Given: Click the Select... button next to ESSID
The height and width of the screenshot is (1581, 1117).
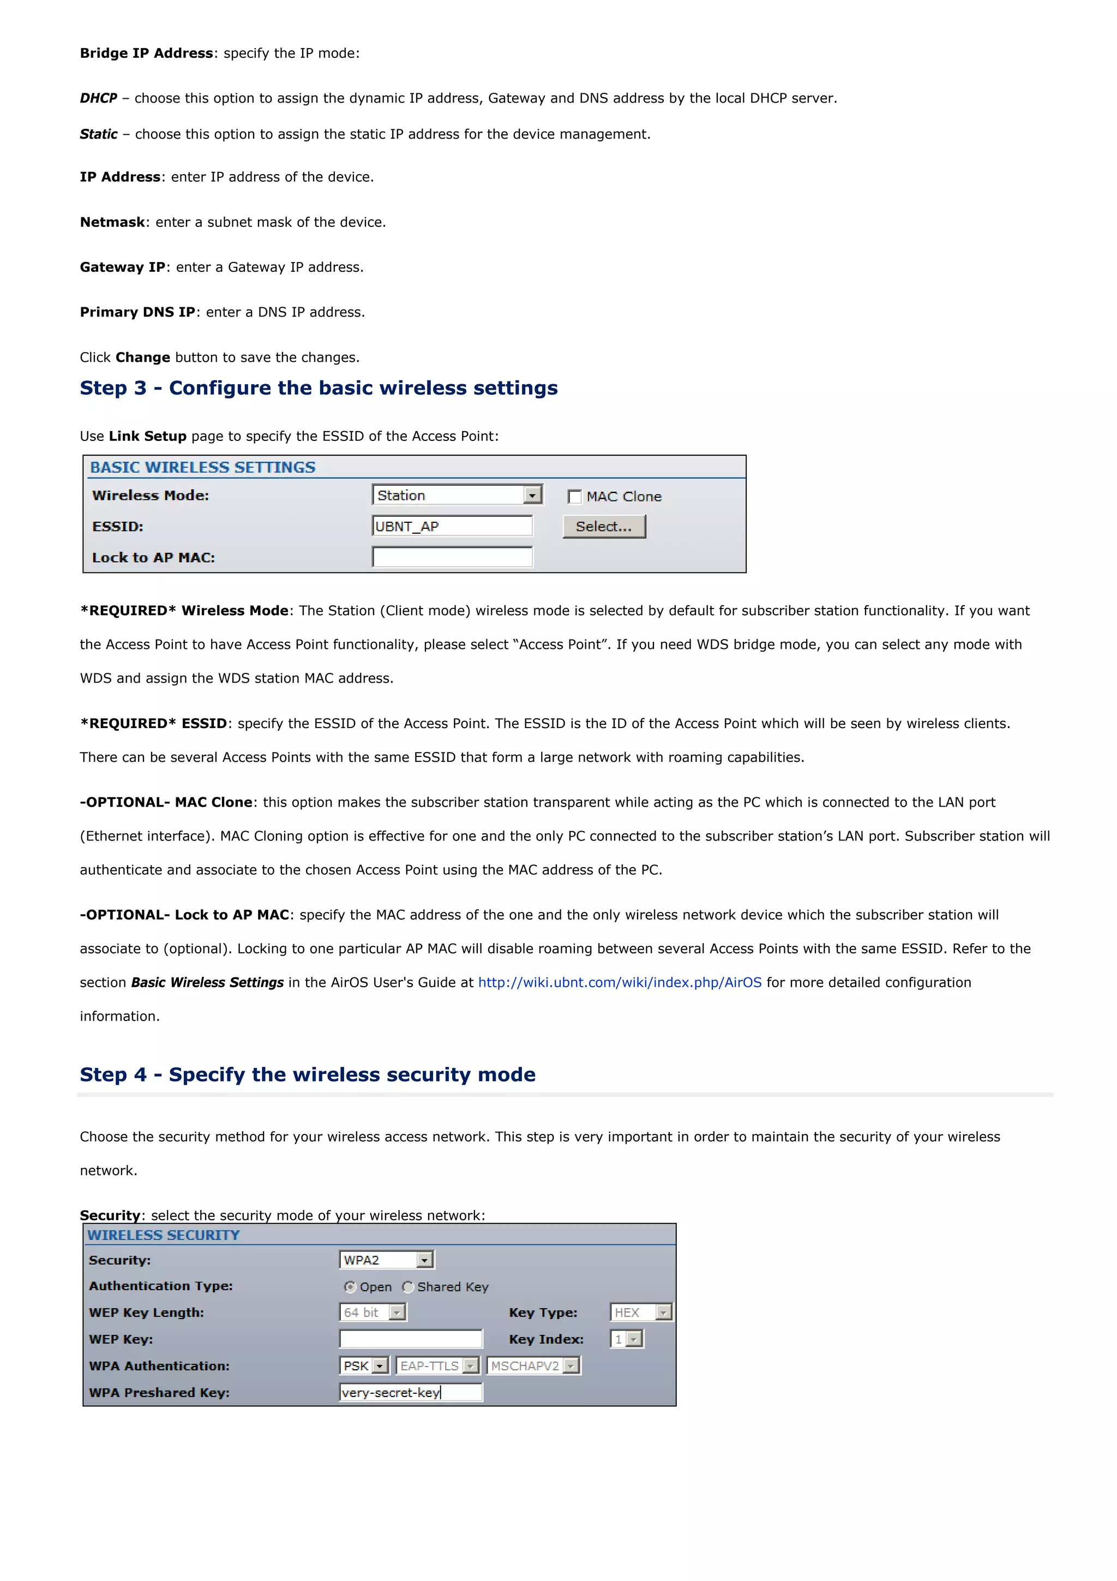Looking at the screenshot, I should [604, 527].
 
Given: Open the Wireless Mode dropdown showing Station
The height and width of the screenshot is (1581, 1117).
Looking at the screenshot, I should [457, 495].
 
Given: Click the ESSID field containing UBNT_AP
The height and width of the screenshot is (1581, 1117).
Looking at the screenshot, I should [452, 527].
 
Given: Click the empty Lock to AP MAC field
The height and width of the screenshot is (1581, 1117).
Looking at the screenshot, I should [452, 557].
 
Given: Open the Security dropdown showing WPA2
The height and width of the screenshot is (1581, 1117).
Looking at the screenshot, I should [386, 1260].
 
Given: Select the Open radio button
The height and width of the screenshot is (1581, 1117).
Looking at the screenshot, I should [350, 1287].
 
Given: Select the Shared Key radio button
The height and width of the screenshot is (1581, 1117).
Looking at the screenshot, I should [408, 1287].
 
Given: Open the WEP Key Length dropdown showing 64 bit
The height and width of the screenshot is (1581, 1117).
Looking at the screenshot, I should [373, 1312].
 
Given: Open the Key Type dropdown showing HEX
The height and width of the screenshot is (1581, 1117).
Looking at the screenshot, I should [641, 1312].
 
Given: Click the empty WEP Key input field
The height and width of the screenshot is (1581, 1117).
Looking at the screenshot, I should [411, 1339].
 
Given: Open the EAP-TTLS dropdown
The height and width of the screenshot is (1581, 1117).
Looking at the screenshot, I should [438, 1366].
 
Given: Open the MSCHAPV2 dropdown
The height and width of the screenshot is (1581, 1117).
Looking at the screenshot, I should [534, 1366].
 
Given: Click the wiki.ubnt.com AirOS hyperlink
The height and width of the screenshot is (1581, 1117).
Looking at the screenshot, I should [620, 983].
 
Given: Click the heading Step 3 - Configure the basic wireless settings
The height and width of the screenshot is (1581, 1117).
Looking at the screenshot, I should [319, 389].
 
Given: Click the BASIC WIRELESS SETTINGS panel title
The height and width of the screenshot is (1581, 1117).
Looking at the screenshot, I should [202, 468].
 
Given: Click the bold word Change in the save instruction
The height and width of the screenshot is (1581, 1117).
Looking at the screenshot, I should [142, 357].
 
